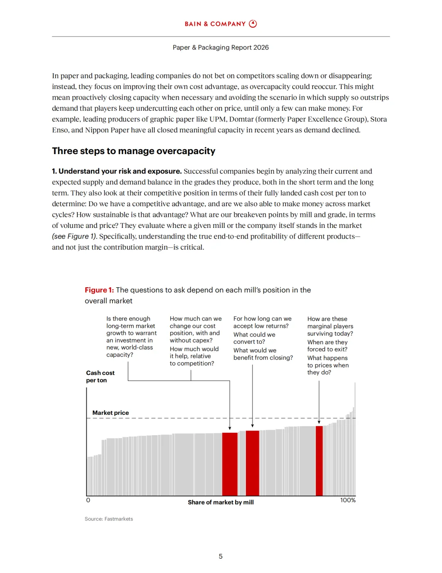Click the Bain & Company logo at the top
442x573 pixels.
(x=221, y=24)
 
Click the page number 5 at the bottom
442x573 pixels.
(x=221, y=556)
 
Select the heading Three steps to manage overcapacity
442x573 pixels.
(x=133, y=151)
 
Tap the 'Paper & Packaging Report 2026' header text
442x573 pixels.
(x=221, y=48)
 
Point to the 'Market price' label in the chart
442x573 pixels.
(x=110, y=413)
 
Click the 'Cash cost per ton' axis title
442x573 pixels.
(x=100, y=376)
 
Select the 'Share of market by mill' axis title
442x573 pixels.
(x=221, y=502)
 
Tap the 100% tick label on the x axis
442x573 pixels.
(x=348, y=500)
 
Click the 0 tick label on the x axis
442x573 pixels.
(x=88, y=500)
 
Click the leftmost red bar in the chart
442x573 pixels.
(x=230, y=464)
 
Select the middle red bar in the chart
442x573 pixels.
(x=253, y=463)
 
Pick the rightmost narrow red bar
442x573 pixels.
(x=319, y=461)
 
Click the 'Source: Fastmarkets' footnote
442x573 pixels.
(x=109, y=519)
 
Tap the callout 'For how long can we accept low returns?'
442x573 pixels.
(x=262, y=322)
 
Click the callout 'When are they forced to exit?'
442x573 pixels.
(x=327, y=346)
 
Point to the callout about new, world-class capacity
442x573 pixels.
(x=131, y=337)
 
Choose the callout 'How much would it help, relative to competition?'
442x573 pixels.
(x=194, y=356)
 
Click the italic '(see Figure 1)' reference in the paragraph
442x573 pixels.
(x=74, y=236)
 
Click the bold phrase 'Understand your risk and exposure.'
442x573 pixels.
(x=120, y=171)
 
